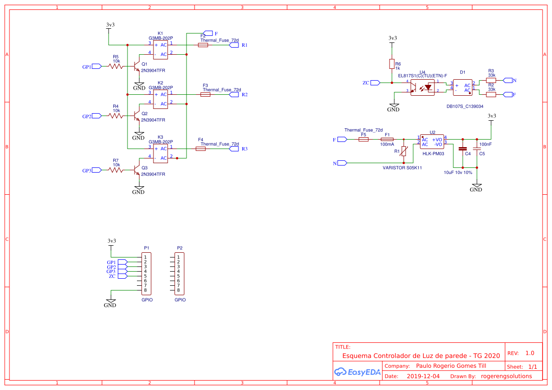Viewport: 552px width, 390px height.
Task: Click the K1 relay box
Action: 161,50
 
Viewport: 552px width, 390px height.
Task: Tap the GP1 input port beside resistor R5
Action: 96,67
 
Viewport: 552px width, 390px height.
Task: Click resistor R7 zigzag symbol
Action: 116,170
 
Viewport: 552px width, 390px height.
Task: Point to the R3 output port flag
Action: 234,149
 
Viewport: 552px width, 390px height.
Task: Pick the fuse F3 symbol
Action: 205,95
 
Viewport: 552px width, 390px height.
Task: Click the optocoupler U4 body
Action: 422,87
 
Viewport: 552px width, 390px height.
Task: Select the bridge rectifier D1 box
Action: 462,87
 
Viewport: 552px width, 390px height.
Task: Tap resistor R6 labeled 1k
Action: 391,64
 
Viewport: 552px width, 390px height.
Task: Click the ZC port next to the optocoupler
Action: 375,83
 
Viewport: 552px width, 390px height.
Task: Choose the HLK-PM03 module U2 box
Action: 432,141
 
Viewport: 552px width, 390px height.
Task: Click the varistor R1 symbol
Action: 404,151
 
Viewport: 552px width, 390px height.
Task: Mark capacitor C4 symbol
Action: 462,149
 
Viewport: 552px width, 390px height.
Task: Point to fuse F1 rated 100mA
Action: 387,140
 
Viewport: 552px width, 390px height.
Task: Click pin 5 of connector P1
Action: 145,276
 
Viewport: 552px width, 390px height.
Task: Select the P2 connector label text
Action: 179,248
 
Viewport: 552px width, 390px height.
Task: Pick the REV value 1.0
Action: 529,353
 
